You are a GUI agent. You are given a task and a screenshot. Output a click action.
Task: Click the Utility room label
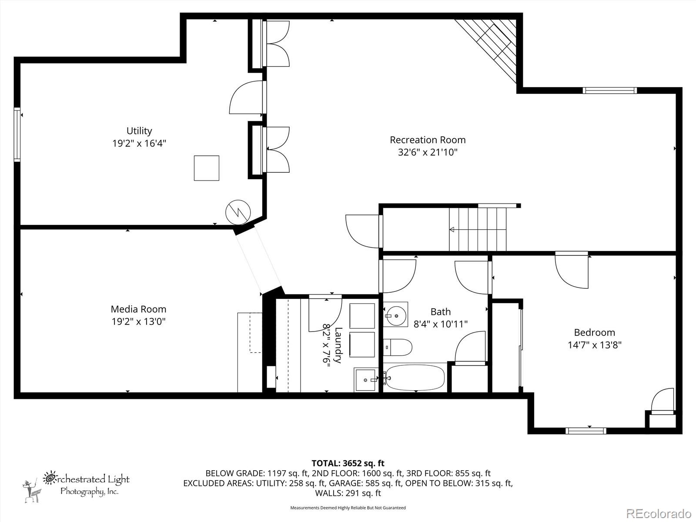tap(139, 131)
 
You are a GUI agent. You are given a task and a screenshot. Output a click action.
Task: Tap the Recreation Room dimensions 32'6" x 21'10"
tap(428, 152)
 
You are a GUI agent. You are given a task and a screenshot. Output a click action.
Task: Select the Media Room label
tap(138, 309)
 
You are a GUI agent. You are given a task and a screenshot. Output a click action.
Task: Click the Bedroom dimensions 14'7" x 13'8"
tap(594, 345)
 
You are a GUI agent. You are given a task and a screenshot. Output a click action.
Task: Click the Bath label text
tap(440, 312)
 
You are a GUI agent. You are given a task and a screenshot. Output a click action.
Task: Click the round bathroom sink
tap(396, 315)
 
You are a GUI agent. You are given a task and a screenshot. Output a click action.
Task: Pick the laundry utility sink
tap(365, 380)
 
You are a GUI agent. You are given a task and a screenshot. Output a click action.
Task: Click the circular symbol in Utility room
tap(238, 212)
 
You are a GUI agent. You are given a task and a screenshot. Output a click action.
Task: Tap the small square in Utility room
tap(206, 168)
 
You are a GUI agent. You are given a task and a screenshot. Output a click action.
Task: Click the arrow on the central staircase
tap(452, 229)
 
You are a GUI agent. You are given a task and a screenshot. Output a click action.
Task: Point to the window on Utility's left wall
tap(17, 134)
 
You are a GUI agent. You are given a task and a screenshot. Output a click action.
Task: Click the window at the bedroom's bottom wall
tap(586, 431)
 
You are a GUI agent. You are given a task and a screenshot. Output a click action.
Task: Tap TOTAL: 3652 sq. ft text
tap(348, 463)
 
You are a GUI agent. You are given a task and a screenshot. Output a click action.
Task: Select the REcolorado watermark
tap(659, 513)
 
